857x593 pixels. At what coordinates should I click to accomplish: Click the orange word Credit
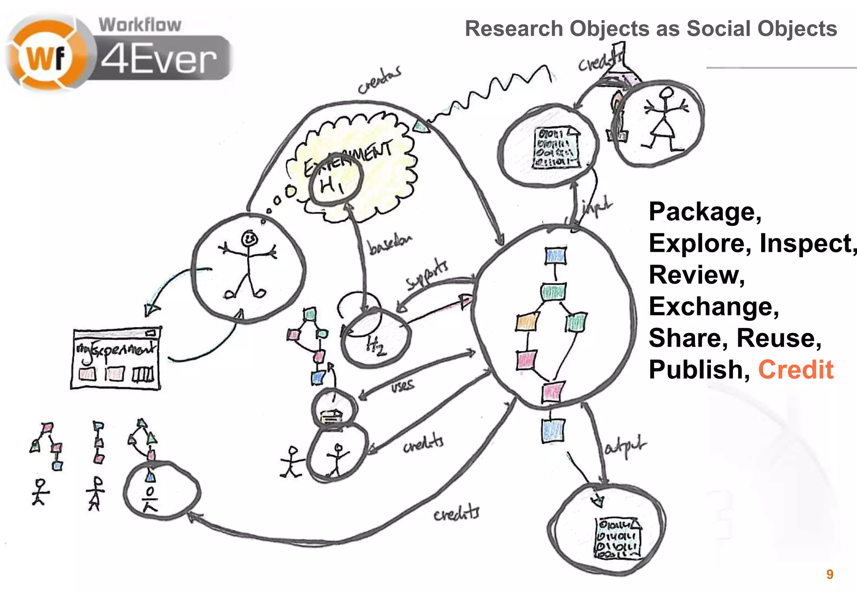tap(795, 370)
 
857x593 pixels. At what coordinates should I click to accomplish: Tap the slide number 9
tap(830, 574)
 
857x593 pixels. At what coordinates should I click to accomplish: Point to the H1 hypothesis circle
tap(334, 183)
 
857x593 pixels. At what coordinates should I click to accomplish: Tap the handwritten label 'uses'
tap(403, 386)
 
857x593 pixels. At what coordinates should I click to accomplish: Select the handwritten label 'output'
tap(625, 447)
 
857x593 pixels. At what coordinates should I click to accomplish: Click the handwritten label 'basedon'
tap(389, 245)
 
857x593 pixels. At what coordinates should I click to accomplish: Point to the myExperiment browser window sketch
tap(116, 359)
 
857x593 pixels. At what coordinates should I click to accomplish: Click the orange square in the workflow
tap(526, 322)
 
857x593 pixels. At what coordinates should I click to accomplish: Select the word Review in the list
tap(697, 275)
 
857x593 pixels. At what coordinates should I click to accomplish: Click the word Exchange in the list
tap(713, 307)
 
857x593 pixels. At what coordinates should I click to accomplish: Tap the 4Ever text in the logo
tap(159, 60)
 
